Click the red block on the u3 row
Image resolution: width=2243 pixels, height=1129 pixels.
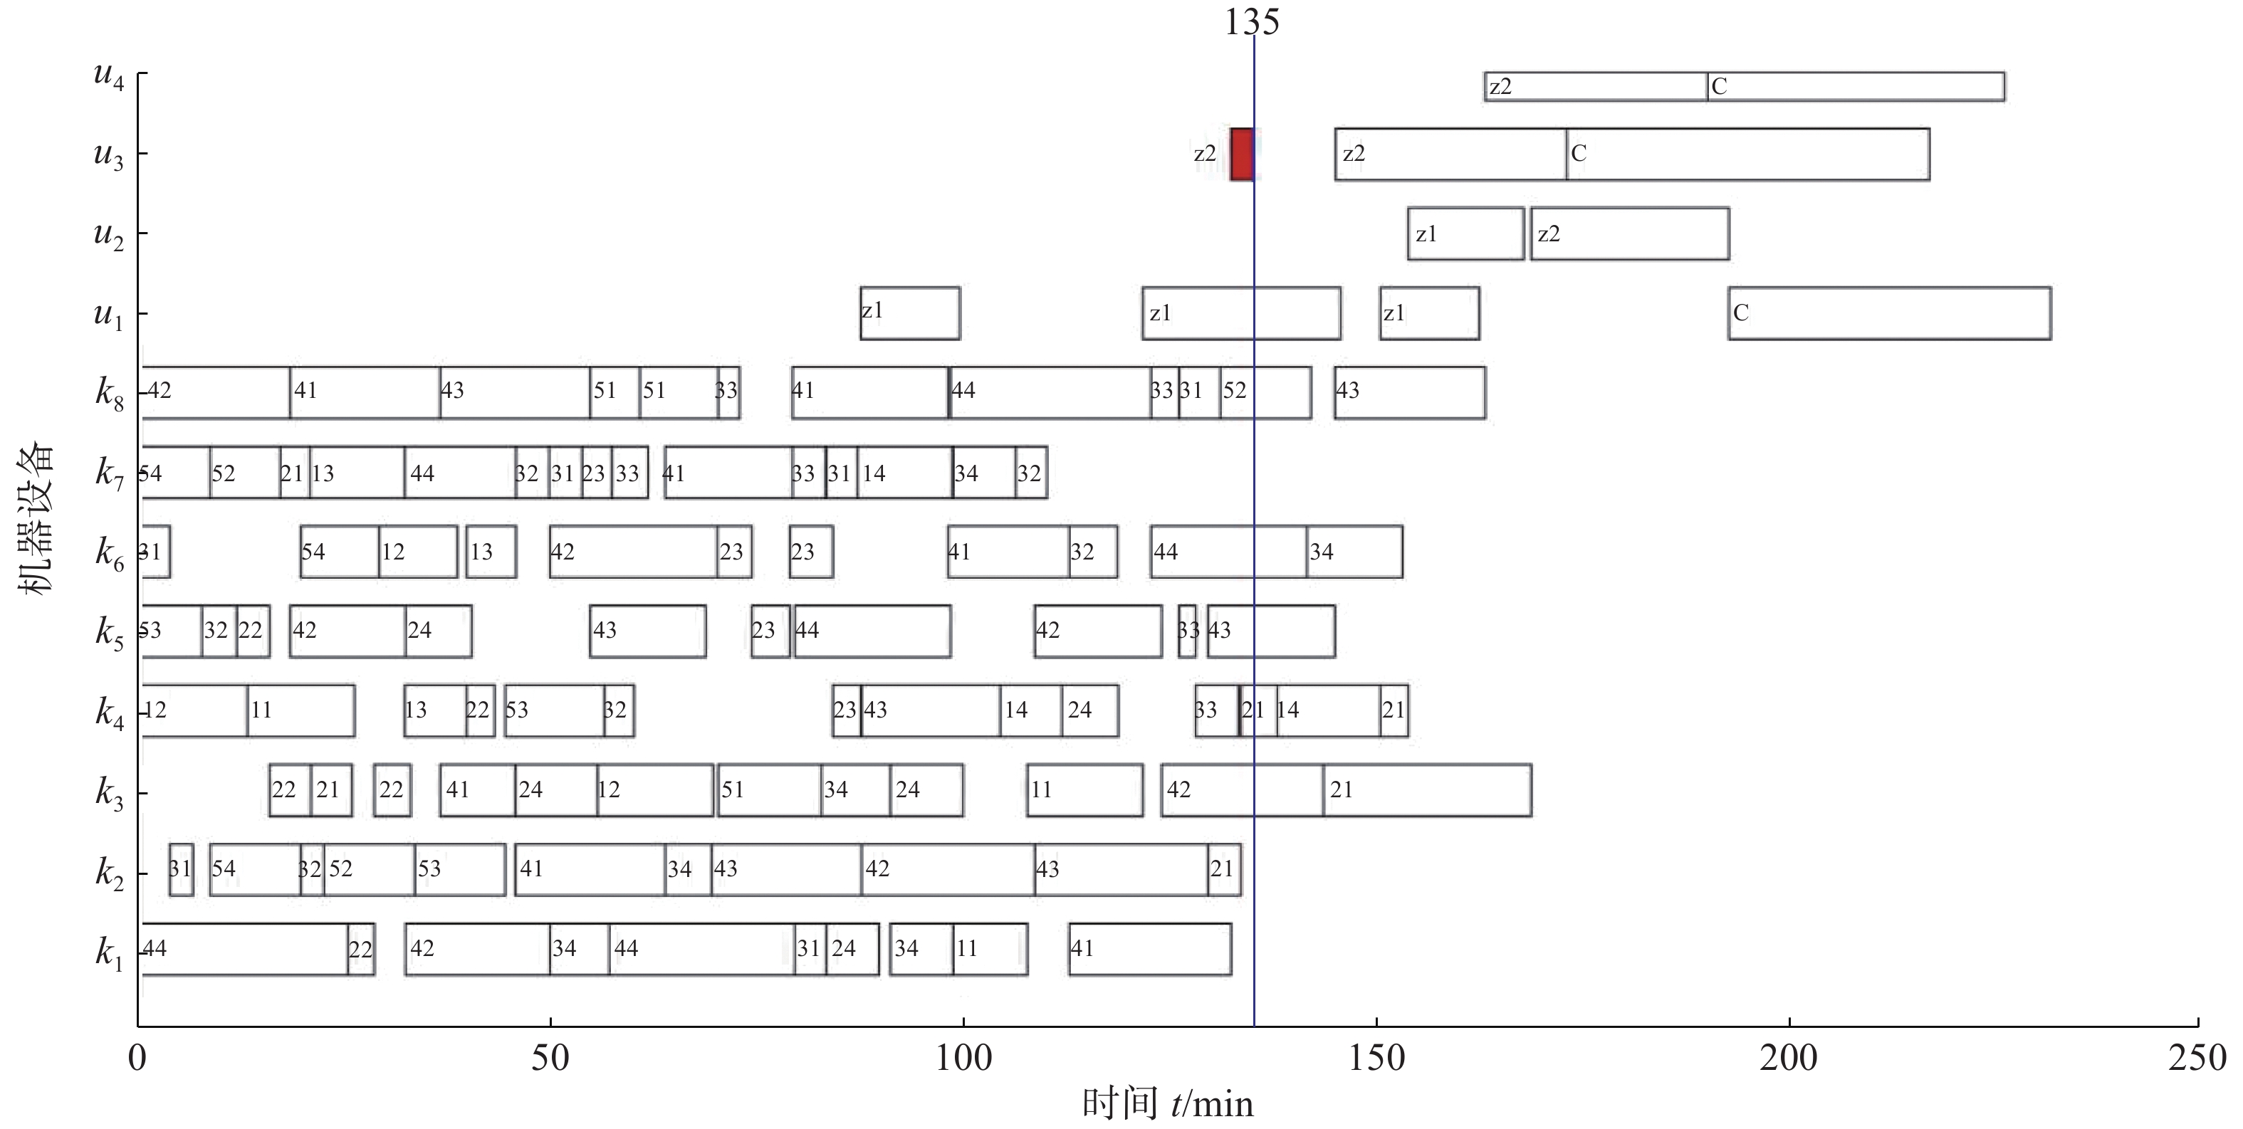coord(1242,154)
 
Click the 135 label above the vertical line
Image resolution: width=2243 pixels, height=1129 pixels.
coord(1252,23)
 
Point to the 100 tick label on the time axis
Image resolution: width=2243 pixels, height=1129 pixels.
coord(963,1059)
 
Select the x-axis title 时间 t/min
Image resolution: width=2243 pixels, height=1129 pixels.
coord(1168,1104)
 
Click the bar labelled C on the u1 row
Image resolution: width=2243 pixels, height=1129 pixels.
coord(1890,313)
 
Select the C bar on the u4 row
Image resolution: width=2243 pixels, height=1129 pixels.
coord(1856,87)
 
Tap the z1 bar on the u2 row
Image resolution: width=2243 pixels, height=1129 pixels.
coord(1465,233)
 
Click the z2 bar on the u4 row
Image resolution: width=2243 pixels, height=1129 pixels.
coord(1595,87)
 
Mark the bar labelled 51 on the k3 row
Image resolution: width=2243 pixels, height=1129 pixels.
coord(769,790)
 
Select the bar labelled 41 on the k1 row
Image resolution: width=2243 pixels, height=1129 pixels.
coord(1150,949)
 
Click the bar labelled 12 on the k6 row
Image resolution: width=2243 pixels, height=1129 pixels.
coord(418,552)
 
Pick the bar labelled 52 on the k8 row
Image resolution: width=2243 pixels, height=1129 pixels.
coord(1265,392)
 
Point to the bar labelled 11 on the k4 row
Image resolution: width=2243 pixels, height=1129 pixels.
coord(301,711)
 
